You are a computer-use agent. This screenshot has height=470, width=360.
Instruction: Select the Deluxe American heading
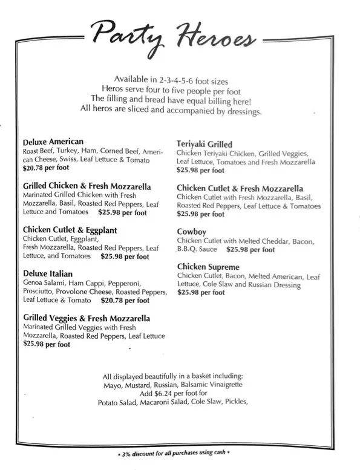tap(53, 142)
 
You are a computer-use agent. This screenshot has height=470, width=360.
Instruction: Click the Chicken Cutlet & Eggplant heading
tap(70, 230)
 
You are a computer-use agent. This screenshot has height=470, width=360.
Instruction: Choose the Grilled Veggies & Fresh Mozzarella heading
tap(87, 318)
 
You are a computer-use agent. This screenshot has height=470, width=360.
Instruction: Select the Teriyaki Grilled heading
tap(205, 145)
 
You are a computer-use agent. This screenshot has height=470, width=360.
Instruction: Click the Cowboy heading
tap(192, 232)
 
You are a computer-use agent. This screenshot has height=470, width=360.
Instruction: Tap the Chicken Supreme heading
tap(208, 267)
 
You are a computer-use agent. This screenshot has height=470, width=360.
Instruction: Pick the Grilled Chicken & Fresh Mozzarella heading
tap(87, 186)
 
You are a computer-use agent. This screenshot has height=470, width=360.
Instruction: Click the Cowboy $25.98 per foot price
tap(250, 249)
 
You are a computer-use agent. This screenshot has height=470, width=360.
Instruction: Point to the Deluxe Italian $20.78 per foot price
tap(125, 300)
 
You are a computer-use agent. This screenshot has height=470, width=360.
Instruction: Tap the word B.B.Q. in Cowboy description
tap(189, 249)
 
